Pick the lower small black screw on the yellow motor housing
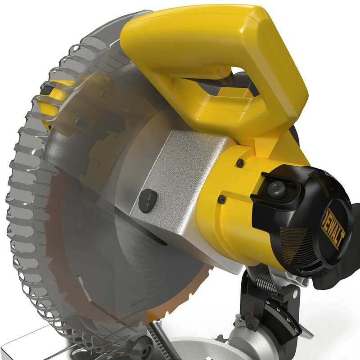click(x=221, y=198)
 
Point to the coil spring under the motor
click(x=265, y=283)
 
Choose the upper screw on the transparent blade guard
click(x=106, y=94)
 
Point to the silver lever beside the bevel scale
click(x=306, y=333)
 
